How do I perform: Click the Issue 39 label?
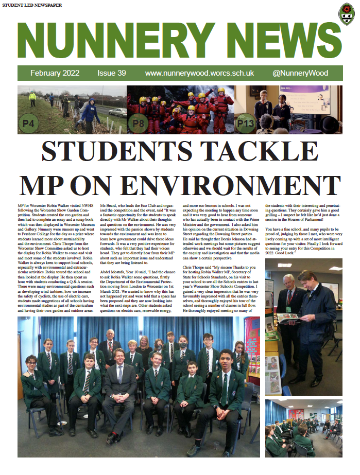[x=111, y=73]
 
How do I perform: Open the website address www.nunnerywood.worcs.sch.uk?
[x=200, y=73]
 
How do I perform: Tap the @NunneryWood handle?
[x=300, y=73]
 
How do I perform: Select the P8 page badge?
[x=138, y=124]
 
